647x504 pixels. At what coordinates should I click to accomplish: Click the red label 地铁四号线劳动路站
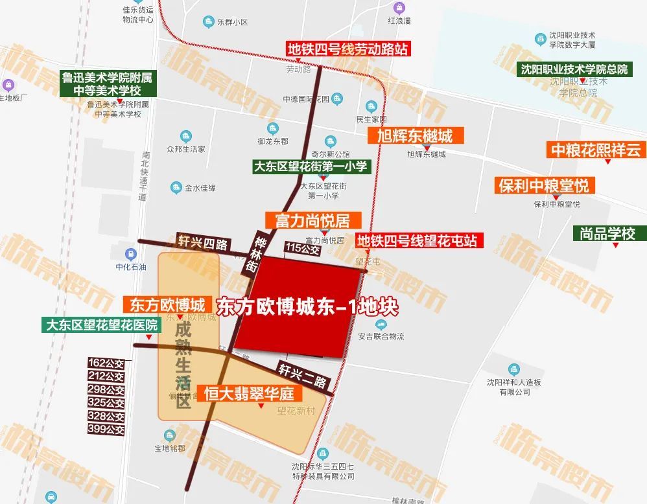coord(348,49)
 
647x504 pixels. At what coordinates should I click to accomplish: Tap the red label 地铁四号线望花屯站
coord(418,241)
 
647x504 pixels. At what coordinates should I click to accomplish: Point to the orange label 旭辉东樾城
coord(410,135)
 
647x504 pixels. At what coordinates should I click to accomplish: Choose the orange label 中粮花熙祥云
coord(595,150)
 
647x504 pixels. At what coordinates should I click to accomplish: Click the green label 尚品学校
coord(607,233)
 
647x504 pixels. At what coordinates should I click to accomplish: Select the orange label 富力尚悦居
coord(312,220)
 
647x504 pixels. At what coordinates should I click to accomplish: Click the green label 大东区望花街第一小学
coord(311,166)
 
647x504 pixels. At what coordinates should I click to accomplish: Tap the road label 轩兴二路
coord(303,374)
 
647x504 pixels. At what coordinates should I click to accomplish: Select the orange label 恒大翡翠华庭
coord(250,393)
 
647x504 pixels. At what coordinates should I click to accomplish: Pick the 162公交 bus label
coord(106,363)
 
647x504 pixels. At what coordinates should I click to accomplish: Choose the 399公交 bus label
coord(106,430)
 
